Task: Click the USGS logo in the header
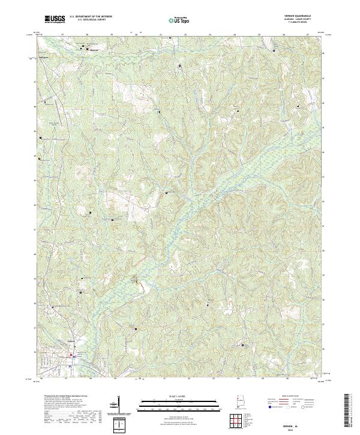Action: click(55, 20)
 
